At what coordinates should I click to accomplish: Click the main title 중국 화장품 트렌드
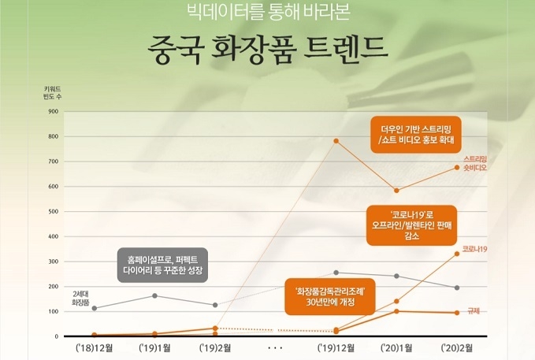[268, 50]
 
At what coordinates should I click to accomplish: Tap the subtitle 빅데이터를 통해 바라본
[269, 11]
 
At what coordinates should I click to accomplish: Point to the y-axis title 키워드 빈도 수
[52, 93]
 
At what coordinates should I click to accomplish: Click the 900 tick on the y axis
[54, 112]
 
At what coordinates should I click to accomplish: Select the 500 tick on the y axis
[54, 212]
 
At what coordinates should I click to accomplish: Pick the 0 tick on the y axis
[56, 336]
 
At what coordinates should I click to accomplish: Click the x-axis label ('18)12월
[94, 348]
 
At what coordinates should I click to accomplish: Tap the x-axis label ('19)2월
[215, 348]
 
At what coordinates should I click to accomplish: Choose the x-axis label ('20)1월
[396, 348]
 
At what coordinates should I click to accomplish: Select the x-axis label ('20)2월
[457, 348]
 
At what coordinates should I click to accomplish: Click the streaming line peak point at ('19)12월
[336, 141]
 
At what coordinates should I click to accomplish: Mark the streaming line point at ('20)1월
[396, 191]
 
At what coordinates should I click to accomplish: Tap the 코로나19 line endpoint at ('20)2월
[457, 254]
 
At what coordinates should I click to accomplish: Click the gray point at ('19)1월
[154, 295]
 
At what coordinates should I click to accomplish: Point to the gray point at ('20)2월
[457, 288]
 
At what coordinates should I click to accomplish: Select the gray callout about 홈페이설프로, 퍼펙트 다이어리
[162, 265]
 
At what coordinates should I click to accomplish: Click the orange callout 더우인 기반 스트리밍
[416, 135]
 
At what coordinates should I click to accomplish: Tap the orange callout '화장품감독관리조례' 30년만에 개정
[330, 296]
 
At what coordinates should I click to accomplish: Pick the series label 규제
[474, 311]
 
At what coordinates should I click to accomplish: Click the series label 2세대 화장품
[80, 299]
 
